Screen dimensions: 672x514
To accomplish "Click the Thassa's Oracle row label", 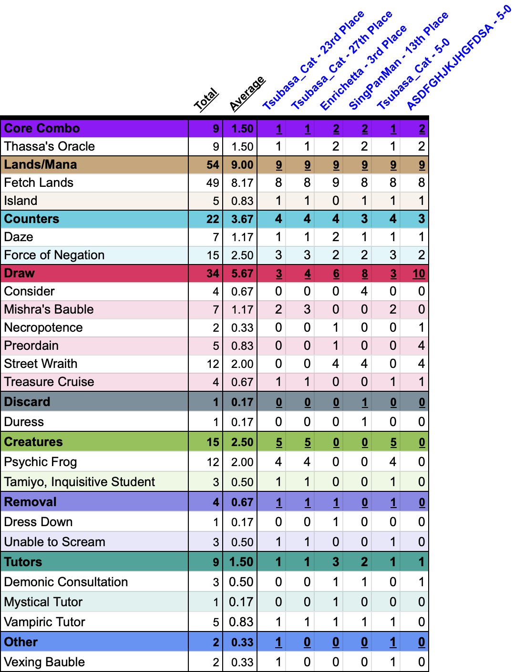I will (x=50, y=146).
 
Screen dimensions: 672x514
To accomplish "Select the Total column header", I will (x=206, y=100).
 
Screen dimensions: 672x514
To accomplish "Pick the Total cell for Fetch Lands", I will (x=213, y=183).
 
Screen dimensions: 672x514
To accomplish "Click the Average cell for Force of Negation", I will (x=242, y=255).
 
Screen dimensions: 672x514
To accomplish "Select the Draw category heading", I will (x=20, y=273).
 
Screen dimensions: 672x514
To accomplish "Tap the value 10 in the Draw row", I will (x=419, y=274).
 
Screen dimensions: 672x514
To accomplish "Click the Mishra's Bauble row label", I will (x=49, y=309).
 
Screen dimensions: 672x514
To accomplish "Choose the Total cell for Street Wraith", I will (x=213, y=364).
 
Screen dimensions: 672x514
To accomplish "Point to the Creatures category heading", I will (x=33, y=442).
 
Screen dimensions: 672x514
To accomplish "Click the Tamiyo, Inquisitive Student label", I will (x=80, y=482).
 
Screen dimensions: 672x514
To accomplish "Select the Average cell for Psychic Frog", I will (x=242, y=462).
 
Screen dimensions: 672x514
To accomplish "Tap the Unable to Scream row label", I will (x=55, y=542).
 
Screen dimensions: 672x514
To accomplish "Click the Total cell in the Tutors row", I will (x=216, y=562).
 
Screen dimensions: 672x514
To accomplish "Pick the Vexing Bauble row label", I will (x=44, y=662).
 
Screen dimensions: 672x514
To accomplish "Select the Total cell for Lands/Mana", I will (x=213, y=164).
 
